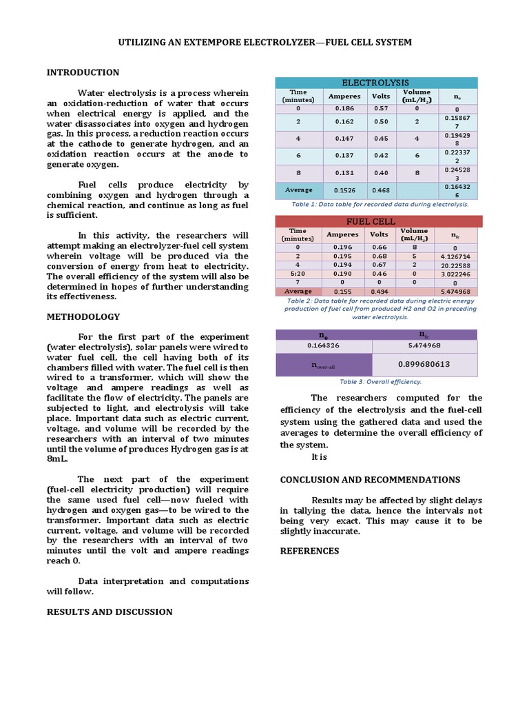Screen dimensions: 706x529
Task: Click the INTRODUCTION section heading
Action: click(83, 72)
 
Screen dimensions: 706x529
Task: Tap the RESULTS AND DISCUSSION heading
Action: click(110, 612)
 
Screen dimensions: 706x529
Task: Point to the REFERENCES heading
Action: click(310, 551)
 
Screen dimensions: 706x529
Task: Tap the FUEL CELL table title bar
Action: click(378, 221)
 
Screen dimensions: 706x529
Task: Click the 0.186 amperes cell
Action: click(344, 108)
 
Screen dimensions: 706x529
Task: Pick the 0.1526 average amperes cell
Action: click(344, 190)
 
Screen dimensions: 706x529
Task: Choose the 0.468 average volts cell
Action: click(380, 190)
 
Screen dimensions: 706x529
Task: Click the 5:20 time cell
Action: click(298, 274)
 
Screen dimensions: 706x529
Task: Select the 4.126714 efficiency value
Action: click(456, 256)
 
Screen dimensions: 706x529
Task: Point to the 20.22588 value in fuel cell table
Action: click(456, 265)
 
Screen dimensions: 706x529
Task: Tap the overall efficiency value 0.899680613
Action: click(424, 365)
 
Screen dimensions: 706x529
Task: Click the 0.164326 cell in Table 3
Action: click(324, 346)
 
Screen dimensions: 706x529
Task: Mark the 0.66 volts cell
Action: click(380, 247)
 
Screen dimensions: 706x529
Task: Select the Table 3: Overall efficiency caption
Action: click(380, 381)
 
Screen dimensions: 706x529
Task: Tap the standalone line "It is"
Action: click(319, 457)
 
